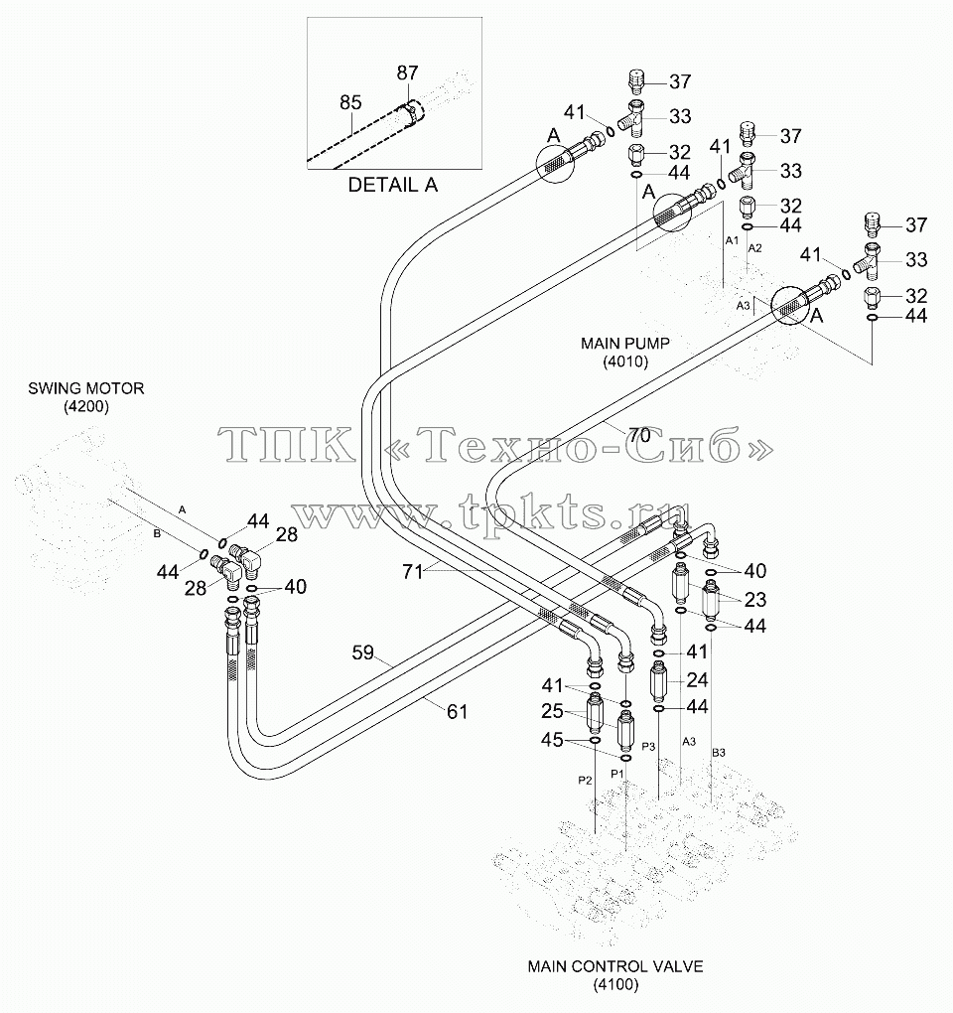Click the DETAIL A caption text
coord(392,185)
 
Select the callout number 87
coord(407,73)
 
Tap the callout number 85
coord(350,102)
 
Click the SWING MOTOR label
coord(86,388)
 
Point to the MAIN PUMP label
coord(625,343)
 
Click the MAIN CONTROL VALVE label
coord(615,966)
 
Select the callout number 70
coord(639,435)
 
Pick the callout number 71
coord(412,571)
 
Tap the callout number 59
coord(363,652)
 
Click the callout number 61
coord(457,711)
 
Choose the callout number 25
coord(552,711)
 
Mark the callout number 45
coord(552,740)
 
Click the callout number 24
coord(697,679)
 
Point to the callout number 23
coord(755,600)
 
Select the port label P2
coord(585,781)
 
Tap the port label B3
coord(719,753)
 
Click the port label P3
coord(649,746)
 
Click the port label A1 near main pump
coord(732,240)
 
